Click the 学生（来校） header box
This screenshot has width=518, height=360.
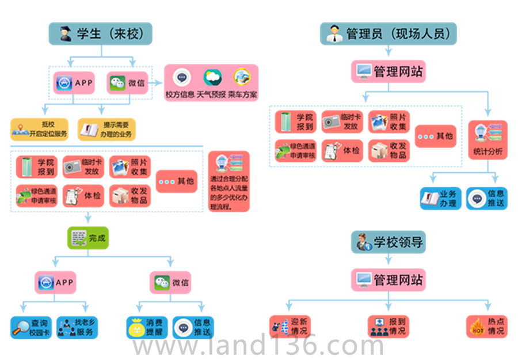pos(100,33)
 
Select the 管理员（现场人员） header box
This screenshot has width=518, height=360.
pos(389,33)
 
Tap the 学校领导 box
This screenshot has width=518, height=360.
pos(389,242)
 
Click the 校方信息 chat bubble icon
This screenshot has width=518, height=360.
pos(182,77)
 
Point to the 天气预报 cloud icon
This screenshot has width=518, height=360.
pos(212,77)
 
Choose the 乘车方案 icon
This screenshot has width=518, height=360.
pos(242,77)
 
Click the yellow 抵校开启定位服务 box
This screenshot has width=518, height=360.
pos(39,130)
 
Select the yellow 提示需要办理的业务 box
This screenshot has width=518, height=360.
pos(107,130)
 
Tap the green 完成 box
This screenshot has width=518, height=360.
pos(87,237)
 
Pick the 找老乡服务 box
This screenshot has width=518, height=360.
pos(77,327)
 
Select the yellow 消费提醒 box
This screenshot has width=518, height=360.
pos(147,327)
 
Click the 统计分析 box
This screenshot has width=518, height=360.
pos(488,140)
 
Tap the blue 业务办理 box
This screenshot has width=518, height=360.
pos(440,198)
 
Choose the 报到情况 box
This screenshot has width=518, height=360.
pos(389,326)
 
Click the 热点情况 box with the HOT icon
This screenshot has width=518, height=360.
pos(487,326)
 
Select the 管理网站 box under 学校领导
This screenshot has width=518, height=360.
pos(389,281)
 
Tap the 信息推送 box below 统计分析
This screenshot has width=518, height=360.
pos(487,198)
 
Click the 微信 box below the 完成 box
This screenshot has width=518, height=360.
pos(171,282)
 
